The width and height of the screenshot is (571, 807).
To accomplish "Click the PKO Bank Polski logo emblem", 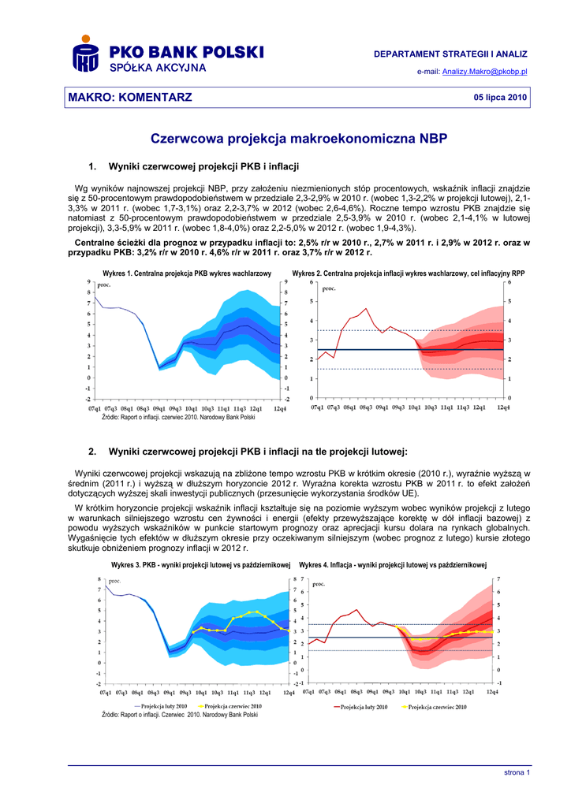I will pyautogui.click(x=85, y=56).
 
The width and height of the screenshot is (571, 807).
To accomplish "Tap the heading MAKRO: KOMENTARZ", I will pyautogui.click(x=129, y=97).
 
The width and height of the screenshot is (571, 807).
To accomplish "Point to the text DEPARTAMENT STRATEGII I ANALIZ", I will pyautogui.click(x=450, y=54).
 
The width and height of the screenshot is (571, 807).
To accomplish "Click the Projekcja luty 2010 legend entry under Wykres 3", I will pyautogui.click(x=163, y=706).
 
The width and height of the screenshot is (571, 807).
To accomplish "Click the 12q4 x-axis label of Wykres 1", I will pyautogui.click(x=280, y=408).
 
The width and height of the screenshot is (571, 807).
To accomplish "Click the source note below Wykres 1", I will pyautogui.click(x=178, y=417).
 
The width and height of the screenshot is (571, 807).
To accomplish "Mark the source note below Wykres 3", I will pyautogui.click(x=180, y=715).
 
